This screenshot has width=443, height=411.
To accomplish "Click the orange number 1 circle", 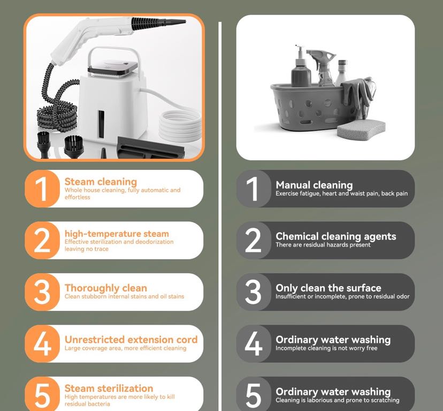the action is [42, 189].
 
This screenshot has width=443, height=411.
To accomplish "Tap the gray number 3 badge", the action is [254, 292].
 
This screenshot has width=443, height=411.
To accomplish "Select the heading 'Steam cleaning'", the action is [101, 182].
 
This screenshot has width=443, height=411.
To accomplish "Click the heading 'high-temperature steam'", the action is [117, 234].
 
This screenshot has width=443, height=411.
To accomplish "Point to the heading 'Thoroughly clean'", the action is [105, 288].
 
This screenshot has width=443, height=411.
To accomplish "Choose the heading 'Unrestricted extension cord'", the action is [131, 339].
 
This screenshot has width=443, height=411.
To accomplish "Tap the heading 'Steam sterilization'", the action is [109, 388].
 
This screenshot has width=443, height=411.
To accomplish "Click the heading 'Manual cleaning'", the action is [314, 185].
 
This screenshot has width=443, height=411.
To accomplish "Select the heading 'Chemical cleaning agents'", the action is [336, 236].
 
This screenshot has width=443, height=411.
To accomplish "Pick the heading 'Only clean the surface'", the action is [329, 288].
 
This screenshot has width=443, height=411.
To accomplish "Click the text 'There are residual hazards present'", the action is [323, 244].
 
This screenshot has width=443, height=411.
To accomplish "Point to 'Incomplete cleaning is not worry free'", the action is [326, 348].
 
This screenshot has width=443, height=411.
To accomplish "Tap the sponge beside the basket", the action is [361, 129].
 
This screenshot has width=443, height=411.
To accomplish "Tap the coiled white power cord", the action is [180, 125].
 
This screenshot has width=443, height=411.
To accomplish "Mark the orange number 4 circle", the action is [42, 343].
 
